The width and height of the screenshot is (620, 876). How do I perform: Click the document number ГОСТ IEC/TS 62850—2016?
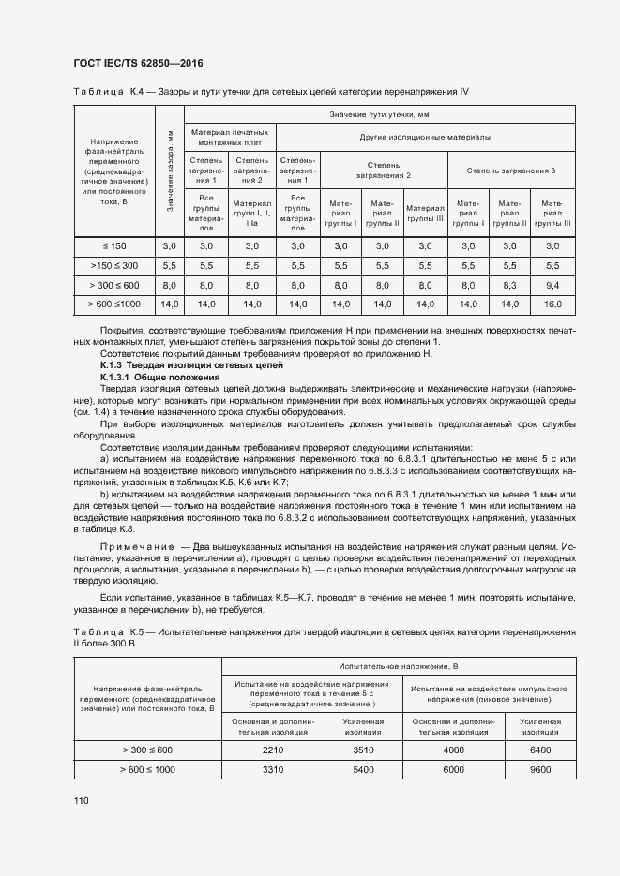point(138,64)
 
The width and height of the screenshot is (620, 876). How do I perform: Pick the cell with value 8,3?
point(509,285)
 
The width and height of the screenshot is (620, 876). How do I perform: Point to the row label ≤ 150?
point(113,245)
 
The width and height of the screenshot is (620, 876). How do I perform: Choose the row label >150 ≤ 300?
point(113,265)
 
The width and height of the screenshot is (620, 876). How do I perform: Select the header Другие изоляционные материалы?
point(425,137)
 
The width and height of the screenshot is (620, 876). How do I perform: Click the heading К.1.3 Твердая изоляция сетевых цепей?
point(185,366)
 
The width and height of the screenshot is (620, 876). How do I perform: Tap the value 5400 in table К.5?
point(361,769)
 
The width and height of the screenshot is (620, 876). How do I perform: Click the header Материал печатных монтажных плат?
point(230,137)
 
